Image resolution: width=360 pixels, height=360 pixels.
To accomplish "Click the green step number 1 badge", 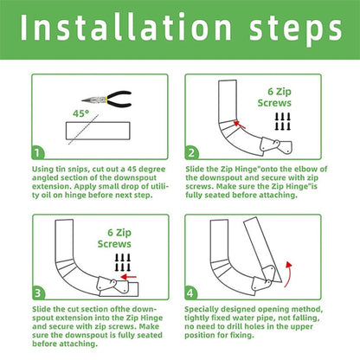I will pyautogui.click(x=40, y=151).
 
